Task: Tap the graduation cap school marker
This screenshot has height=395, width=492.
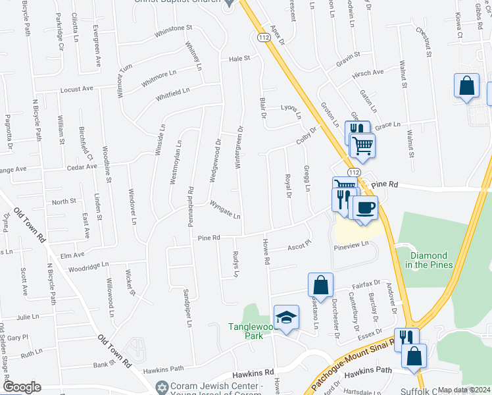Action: (x=287, y=318)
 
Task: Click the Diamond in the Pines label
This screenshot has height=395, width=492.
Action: (x=428, y=260)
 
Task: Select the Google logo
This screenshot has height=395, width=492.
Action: (x=22, y=386)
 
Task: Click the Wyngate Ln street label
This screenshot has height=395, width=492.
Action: (x=225, y=210)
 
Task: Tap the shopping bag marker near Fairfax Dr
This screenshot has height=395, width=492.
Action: (x=320, y=284)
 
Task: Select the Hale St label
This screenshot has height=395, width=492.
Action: (x=240, y=59)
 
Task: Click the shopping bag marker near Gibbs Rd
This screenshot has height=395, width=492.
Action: (x=466, y=86)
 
